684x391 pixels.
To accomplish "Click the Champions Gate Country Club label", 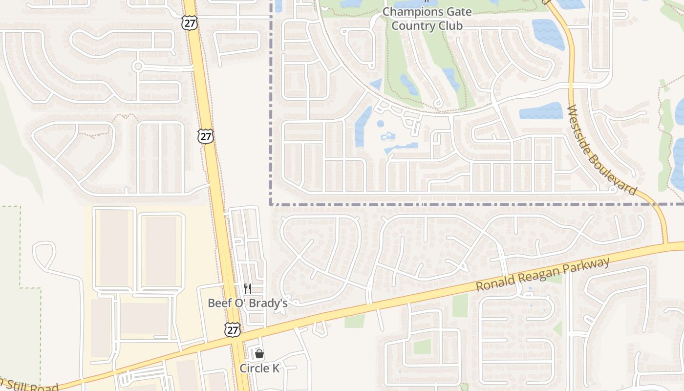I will (x=427, y=18).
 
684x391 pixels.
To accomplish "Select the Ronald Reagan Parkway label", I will (x=543, y=275).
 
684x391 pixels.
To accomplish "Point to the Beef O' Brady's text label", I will (x=247, y=303).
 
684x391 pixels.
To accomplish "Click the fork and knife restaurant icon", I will (x=248, y=289).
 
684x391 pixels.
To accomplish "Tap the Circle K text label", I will (x=259, y=368).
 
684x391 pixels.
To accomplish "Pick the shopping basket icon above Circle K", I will (x=259, y=354).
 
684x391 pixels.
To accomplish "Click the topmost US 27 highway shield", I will (x=190, y=22).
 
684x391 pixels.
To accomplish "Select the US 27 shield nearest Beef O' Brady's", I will (x=233, y=329).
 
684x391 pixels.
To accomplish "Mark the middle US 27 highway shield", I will (x=206, y=136).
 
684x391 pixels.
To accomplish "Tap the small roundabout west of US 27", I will (x=138, y=66).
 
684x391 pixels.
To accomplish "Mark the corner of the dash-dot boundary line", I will (x=271, y=204).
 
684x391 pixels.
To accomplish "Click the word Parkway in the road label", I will (x=586, y=267).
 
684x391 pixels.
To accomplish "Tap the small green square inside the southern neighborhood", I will (x=422, y=346).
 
